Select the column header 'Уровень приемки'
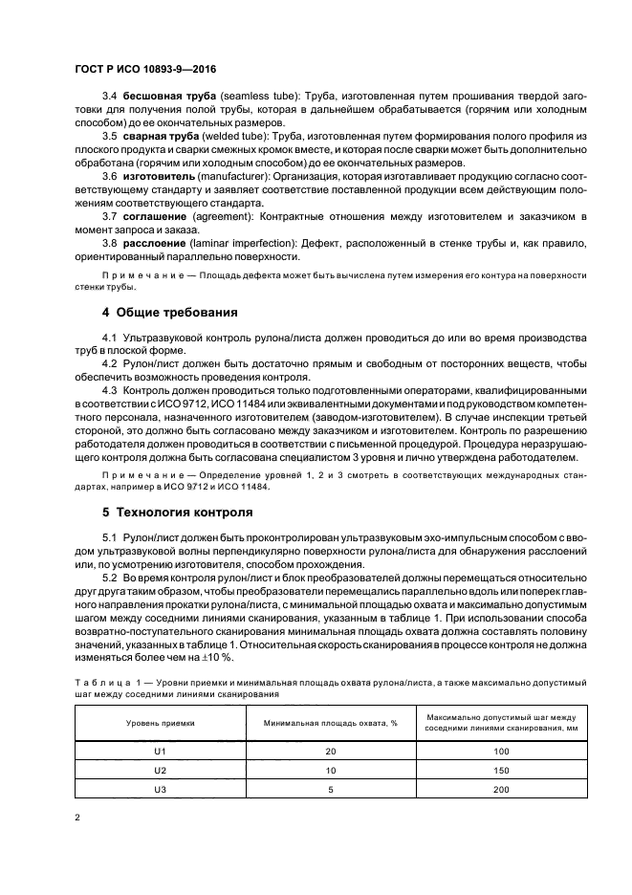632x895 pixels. (x=160, y=724)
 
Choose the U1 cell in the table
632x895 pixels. (x=160, y=753)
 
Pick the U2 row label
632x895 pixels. (x=160, y=771)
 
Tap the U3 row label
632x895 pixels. (x=160, y=789)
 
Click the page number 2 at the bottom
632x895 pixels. (x=76, y=819)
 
